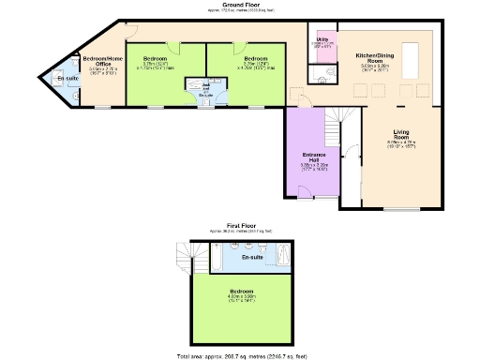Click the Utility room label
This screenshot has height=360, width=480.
tap(322, 40)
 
